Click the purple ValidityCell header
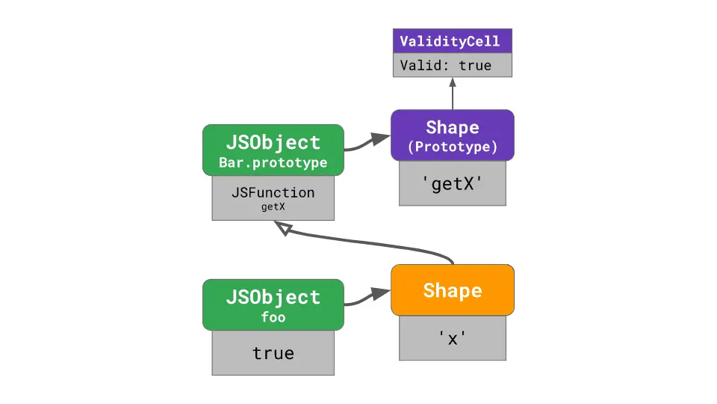[453, 41]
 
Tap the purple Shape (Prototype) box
[453, 135]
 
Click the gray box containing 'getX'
[453, 183]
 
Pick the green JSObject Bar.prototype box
[273, 150]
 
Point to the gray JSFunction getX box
[273, 198]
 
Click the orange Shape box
[453, 290]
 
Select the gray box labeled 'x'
[453, 338]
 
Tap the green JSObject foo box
[273, 304]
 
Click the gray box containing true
[273, 353]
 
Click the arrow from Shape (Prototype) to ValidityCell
[453, 94]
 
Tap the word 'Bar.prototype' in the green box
[273, 162]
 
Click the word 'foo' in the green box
[273, 316]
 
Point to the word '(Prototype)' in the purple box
[453, 147]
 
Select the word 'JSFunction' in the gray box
[273, 192]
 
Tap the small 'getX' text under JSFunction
[273, 207]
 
